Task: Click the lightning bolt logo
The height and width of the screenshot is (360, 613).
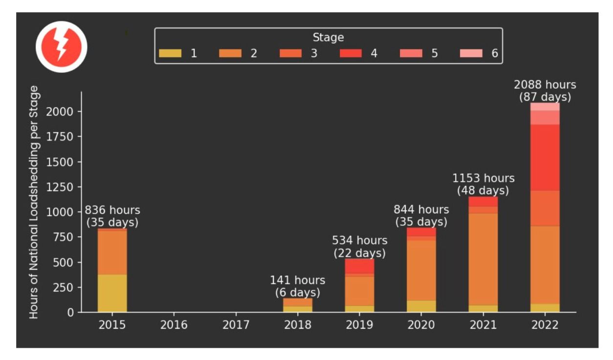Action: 62,47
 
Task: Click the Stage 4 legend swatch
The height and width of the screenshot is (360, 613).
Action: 350,53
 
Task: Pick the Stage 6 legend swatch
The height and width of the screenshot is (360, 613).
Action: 471,53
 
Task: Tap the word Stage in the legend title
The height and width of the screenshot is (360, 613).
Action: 328,38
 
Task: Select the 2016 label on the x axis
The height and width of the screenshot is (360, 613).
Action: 174,325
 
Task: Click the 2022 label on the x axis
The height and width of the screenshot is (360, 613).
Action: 545,325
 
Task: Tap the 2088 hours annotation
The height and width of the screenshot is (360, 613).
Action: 545,85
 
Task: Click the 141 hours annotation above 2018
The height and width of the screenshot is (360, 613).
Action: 297,280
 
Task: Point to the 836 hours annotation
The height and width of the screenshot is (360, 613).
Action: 112,210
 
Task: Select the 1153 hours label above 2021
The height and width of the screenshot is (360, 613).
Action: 483,179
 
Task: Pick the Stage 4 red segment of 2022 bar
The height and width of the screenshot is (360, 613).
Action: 545,157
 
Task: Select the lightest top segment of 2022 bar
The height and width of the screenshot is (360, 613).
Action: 545,107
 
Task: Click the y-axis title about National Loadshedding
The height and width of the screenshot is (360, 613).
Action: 34,202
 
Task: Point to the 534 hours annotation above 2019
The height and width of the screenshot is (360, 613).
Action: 360,241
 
